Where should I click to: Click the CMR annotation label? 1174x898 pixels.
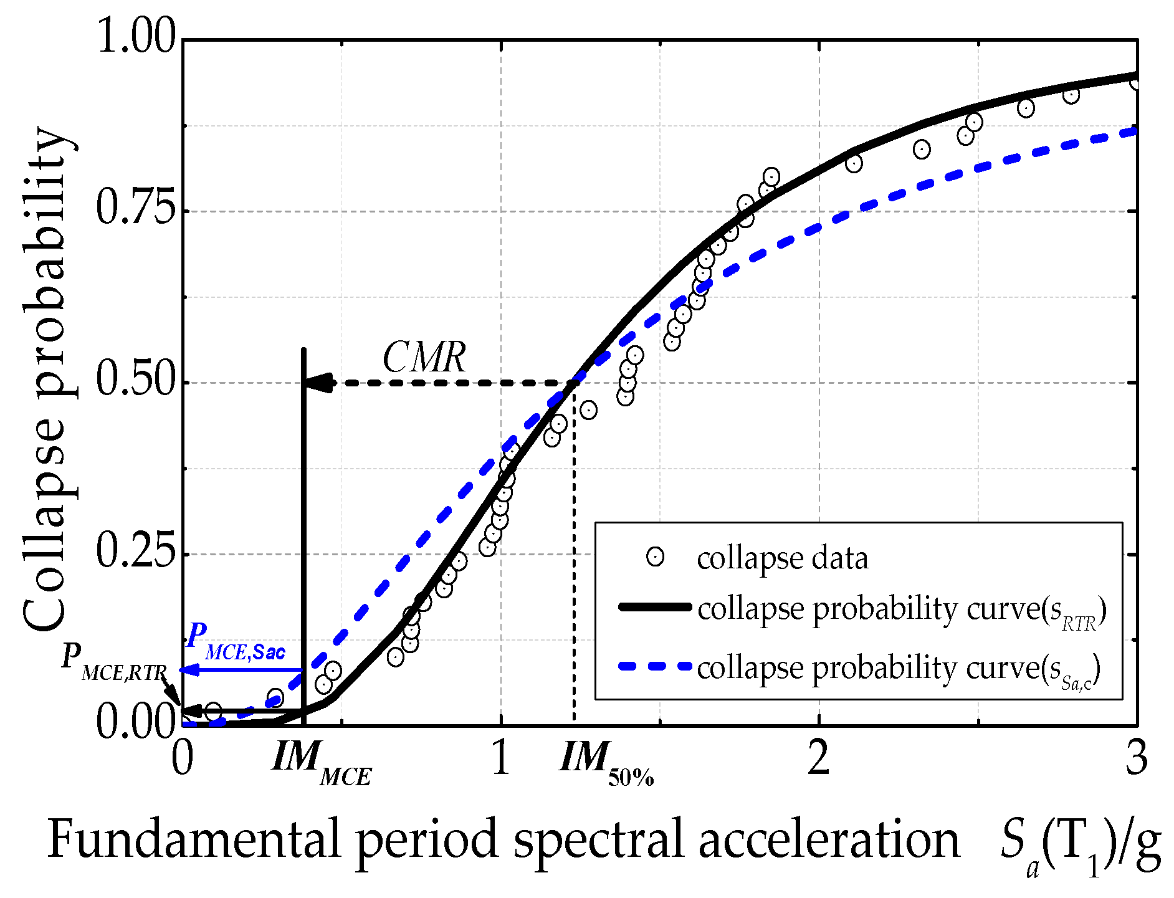click(x=424, y=358)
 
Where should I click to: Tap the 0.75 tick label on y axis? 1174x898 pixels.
click(x=134, y=210)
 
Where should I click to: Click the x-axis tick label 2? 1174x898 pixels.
click(x=818, y=758)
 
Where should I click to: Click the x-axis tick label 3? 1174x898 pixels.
click(x=1137, y=758)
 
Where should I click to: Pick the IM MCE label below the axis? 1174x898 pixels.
click(x=322, y=763)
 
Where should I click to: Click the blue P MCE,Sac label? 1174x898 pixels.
click(x=236, y=642)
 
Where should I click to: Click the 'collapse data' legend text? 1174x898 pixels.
click(x=782, y=558)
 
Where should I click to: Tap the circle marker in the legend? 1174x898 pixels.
click(x=655, y=556)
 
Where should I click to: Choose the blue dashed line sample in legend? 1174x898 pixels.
click(x=655, y=666)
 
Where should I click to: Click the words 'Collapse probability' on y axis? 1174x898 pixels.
click(x=47, y=380)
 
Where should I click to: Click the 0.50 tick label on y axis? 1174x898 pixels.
click(x=134, y=381)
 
